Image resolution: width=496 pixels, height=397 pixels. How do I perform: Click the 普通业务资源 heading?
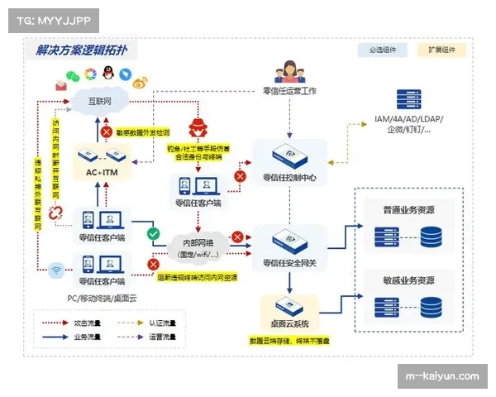click(408, 208)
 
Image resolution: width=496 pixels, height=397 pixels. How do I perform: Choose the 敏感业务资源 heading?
click(408, 280)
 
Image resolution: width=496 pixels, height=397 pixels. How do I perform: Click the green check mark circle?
click(153, 234)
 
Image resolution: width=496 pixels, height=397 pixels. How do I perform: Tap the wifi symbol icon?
click(56, 270)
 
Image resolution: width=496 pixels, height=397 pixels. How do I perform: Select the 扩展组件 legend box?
click(440, 50)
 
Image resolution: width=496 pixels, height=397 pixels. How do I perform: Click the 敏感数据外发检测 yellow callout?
click(142, 132)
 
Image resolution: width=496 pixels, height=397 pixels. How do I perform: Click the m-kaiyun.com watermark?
click(443, 376)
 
